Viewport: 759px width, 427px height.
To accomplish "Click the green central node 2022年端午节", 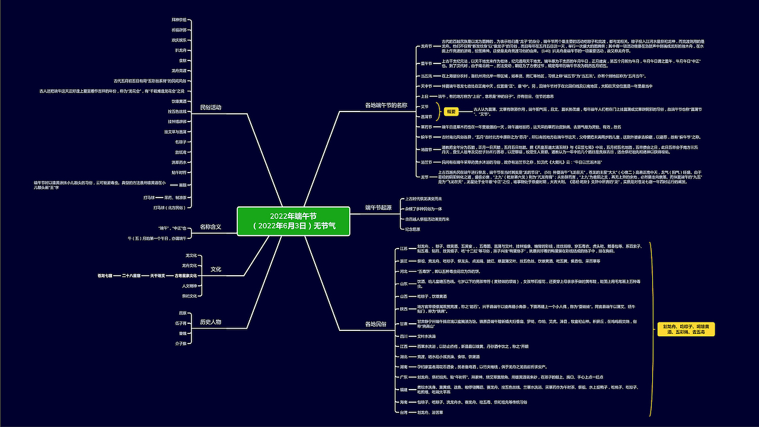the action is (x=294, y=221).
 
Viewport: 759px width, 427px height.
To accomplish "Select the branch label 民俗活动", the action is (x=212, y=107).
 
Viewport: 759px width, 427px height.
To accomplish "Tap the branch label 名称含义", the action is (x=211, y=227).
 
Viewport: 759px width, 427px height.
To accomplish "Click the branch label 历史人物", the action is (x=211, y=321).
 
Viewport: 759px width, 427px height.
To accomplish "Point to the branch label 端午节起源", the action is (x=378, y=208).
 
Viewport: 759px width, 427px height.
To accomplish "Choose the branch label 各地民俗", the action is (x=376, y=324).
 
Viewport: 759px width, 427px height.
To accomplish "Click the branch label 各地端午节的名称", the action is (x=386, y=105).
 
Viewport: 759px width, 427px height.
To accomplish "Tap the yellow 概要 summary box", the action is (x=452, y=111).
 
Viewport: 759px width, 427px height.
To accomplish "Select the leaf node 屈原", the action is (x=183, y=313).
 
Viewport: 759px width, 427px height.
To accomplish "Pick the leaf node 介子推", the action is (x=181, y=343).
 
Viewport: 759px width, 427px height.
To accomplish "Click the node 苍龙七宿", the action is (x=105, y=276).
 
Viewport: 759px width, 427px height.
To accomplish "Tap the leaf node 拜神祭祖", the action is (x=179, y=20).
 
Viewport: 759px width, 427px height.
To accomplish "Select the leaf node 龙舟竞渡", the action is (x=179, y=70).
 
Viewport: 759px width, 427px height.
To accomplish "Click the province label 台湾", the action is (x=404, y=412).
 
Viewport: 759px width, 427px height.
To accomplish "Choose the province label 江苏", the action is (x=404, y=248).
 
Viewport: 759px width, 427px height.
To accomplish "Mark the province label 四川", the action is (x=404, y=336).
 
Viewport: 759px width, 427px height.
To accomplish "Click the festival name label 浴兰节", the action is (x=426, y=161).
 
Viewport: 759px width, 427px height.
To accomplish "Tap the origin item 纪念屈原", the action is (x=413, y=228).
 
